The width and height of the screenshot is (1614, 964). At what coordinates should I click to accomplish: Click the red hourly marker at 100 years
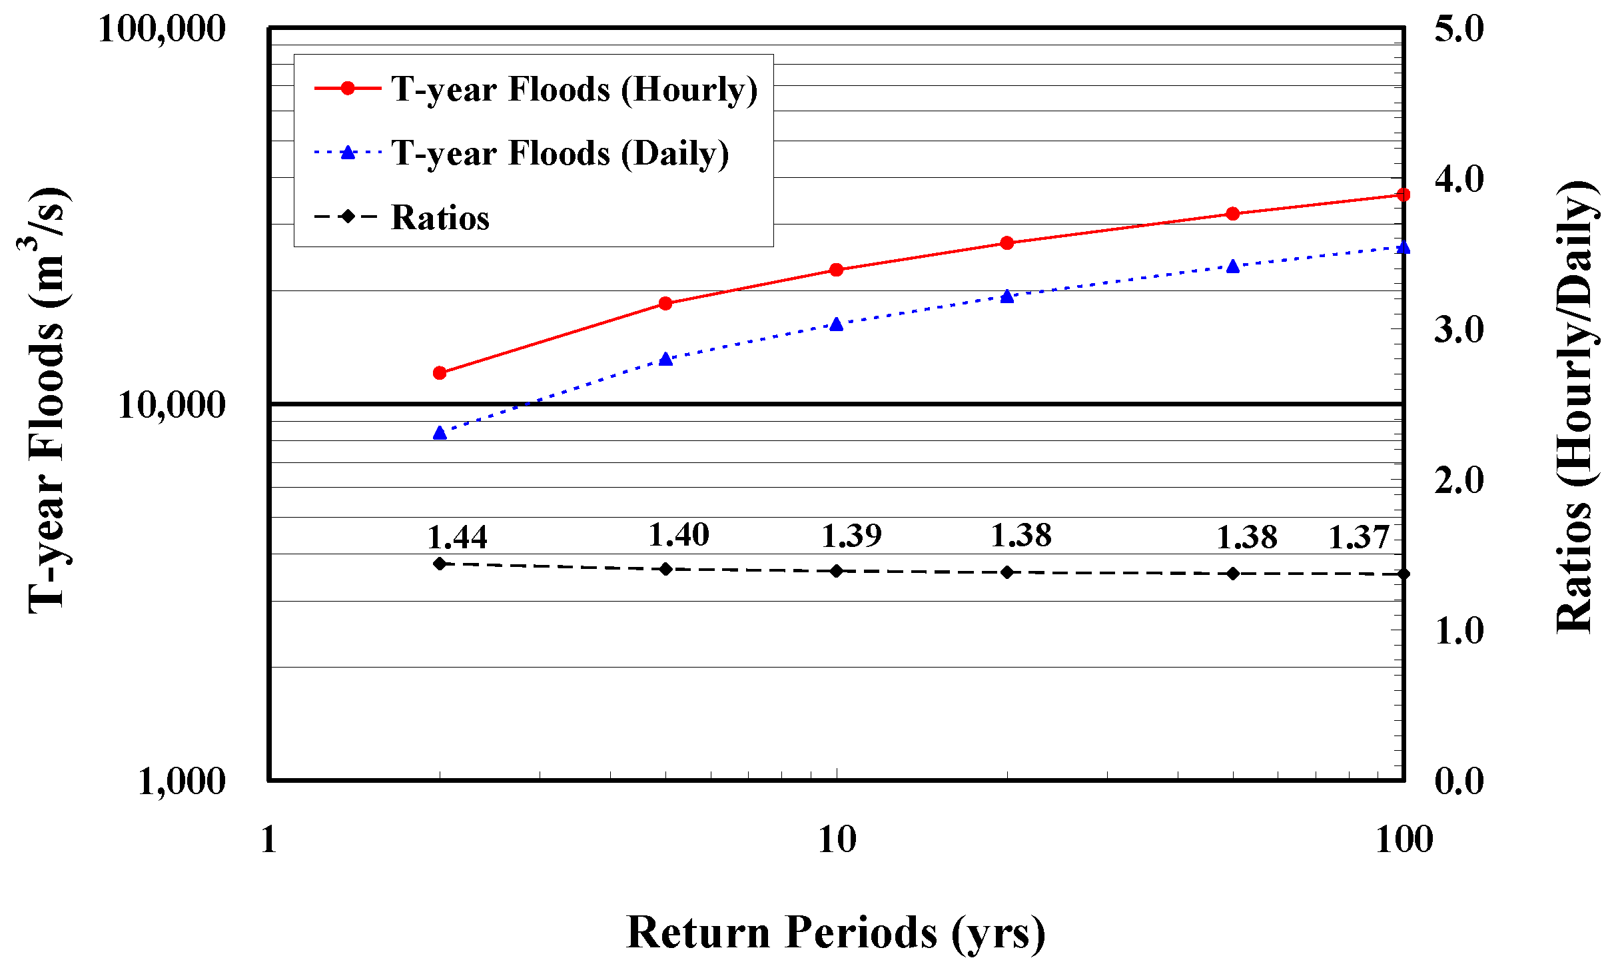(1404, 195)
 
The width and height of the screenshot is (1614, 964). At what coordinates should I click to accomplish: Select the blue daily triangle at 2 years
(440, 433)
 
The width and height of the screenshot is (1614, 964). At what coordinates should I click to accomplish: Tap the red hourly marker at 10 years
(837, 270)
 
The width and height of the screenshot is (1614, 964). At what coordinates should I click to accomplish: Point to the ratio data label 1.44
(457, 537)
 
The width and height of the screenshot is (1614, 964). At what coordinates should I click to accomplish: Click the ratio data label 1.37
(1359, 537)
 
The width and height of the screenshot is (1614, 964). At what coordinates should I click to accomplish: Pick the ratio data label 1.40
(679, 534)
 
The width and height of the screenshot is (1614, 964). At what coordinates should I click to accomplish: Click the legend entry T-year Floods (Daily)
(560, 153)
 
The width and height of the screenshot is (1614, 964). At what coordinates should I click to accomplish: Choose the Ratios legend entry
(440, 217)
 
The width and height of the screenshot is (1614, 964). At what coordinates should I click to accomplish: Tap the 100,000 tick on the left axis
(162, 29)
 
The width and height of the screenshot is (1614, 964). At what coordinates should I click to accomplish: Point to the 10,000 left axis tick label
(172, 404)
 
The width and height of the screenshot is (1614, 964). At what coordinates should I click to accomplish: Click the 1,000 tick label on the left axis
(181, 781)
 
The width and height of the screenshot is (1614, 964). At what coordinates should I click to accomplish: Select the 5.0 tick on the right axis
(1459, 29)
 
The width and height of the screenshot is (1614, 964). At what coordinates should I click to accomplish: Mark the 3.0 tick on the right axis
(1459, 330)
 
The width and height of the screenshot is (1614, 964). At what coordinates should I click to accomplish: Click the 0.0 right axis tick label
(1459, 781)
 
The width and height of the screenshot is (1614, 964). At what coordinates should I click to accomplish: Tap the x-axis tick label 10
(837, 839)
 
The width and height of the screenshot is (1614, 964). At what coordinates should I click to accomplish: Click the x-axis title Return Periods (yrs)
(836, 933)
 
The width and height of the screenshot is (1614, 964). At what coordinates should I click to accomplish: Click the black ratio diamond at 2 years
(440, 564)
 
